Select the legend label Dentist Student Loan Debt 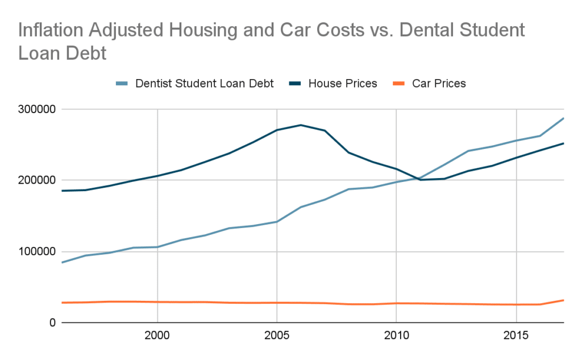pyautogui.click(x=205, y=84)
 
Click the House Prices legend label pyautogui.click(x=342, y=84)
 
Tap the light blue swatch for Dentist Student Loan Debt pyautogui.click(x=122, y=84)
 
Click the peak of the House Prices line pyautogui.click(x=300, y=125)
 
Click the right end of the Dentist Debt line pyautogui.click(x=563, y=118)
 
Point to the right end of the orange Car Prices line pyautogui.click(x=563, y=300)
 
